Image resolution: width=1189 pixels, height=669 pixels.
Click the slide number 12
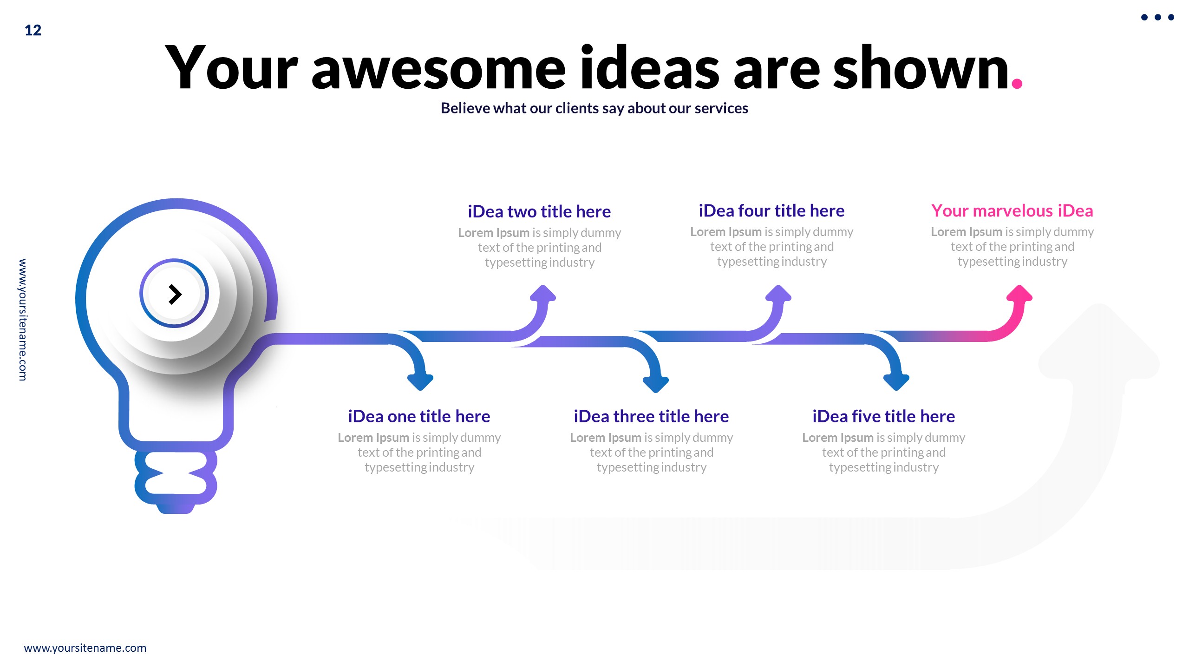[33, 30]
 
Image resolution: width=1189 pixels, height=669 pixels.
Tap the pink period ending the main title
[1017, 83]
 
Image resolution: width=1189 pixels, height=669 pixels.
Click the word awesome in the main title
[438, 70]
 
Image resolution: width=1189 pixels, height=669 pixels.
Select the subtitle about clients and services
[594, 108]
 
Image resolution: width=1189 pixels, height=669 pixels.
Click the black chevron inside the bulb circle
[175, 294]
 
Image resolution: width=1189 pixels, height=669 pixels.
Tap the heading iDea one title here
[419, 416]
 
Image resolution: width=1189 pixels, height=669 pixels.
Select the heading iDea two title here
[539, 211]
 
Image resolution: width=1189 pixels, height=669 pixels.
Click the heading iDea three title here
[651, 416]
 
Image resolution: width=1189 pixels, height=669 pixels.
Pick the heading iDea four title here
[771, 210]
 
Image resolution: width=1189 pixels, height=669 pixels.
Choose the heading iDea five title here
[883, 416]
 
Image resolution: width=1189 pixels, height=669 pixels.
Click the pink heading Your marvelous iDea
[1012, 210]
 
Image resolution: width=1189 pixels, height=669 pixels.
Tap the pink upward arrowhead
[1019, 294]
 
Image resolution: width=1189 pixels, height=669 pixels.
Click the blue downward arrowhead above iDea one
[420, 381]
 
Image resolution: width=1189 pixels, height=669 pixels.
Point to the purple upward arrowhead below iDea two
[543, 294]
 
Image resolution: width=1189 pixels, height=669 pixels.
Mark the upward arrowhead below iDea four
[778, 294]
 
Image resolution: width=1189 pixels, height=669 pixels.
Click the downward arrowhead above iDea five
[896, 381]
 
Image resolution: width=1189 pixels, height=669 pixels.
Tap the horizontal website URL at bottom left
[85, 648]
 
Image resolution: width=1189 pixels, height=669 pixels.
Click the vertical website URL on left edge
[22, 320]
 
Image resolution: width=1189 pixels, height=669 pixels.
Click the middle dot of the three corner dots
[1157, 17]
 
